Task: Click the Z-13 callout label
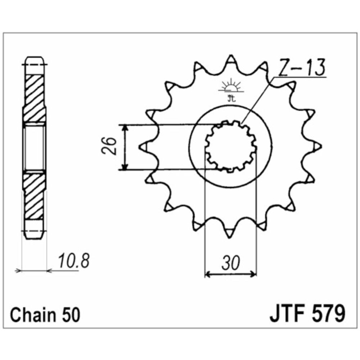(301, 68)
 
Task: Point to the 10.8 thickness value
(73, 261)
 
